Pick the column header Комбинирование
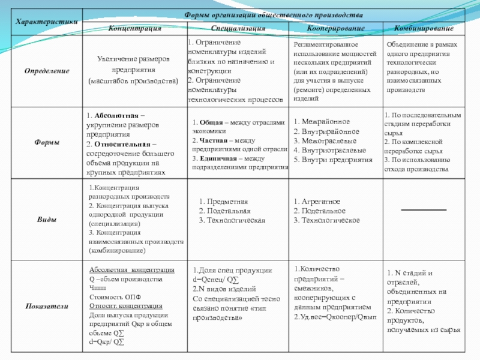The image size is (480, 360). [424, 28]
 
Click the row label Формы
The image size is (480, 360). [46, 142]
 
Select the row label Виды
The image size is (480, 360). [46, 220]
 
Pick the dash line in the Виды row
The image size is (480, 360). [424, 209]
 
